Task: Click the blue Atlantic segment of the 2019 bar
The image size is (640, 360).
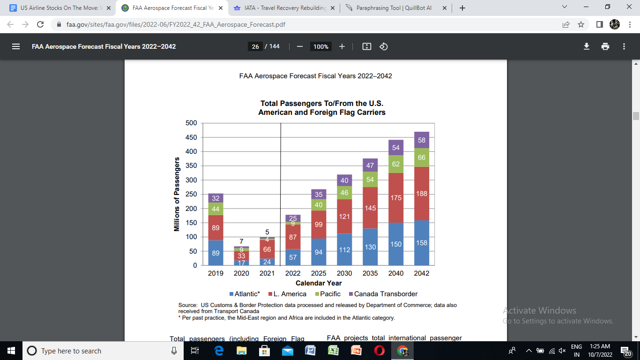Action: (x=216, y=253)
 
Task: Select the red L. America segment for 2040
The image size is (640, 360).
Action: (x=396, y=198)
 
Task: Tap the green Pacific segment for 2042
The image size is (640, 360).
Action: (x=422, y=157)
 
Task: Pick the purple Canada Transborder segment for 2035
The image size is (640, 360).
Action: (x=370, y=165)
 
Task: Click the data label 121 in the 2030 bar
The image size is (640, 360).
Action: (x=344, y=217)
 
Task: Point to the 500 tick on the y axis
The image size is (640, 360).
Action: (x=191, y=123)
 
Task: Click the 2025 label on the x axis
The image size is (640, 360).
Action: (x=319, y=273)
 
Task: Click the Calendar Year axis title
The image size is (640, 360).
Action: (x=319, y=283)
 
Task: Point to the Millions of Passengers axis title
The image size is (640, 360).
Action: (x=177, y=194)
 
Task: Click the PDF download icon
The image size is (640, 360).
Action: (x=586, y=46)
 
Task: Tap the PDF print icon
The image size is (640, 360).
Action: (x=605, y=46)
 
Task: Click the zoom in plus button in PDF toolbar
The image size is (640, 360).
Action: (x=342, y=46)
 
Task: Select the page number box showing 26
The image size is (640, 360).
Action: (x=255, y=46)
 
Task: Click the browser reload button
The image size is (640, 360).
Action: (x=40, y=24)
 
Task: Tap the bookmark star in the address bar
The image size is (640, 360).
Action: (x=581, y=24)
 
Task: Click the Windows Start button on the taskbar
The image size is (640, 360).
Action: (x=11, y=351)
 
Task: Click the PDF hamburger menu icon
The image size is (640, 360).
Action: (x=16, y=46)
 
